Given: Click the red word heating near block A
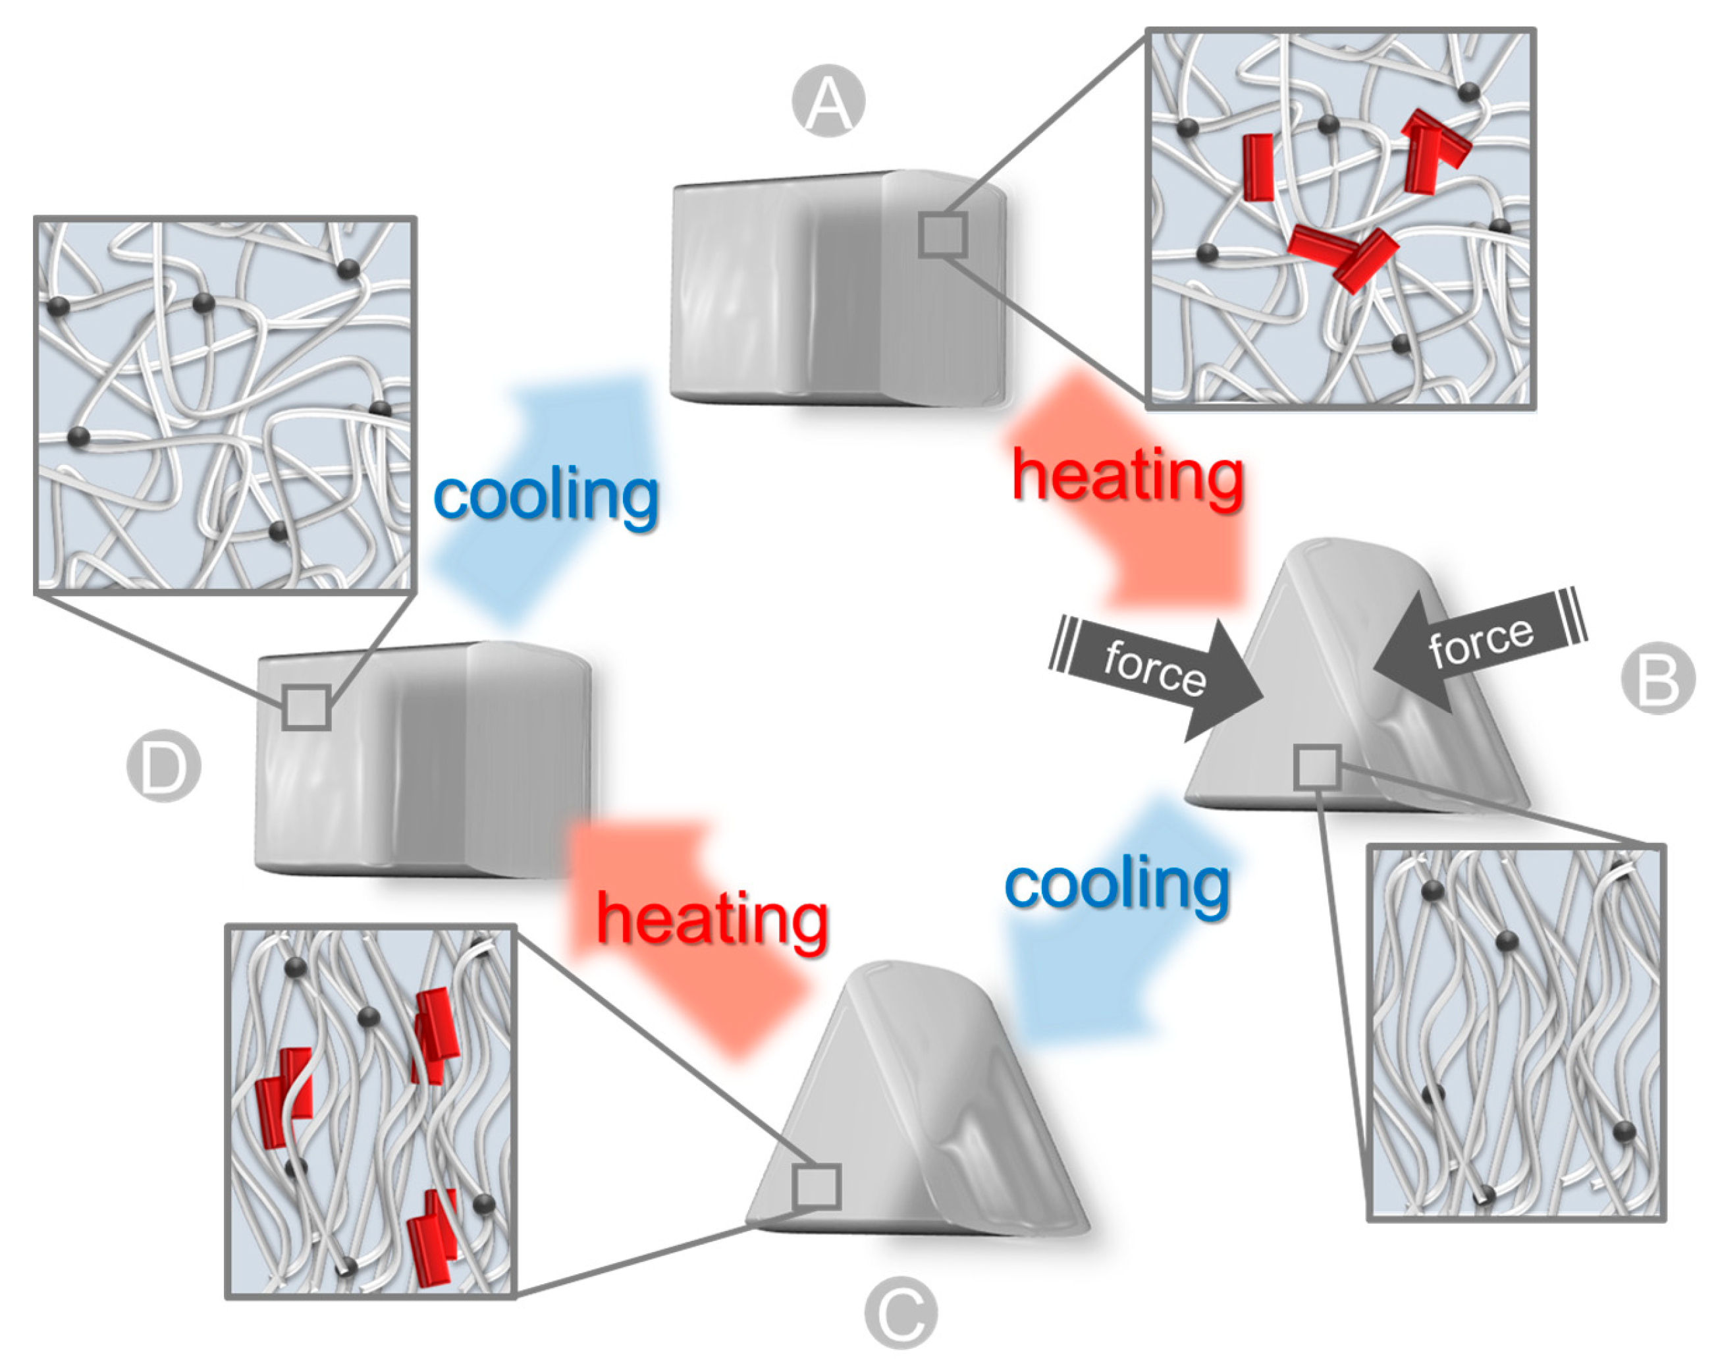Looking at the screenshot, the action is [1127, 477].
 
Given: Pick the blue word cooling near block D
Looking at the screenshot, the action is [546, 496].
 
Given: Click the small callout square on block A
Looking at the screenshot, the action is [943, 234].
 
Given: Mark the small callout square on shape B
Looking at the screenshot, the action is [1316, 767].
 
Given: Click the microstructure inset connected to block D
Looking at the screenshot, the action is [225, 405].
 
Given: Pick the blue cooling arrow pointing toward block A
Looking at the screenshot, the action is [550, 494].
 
